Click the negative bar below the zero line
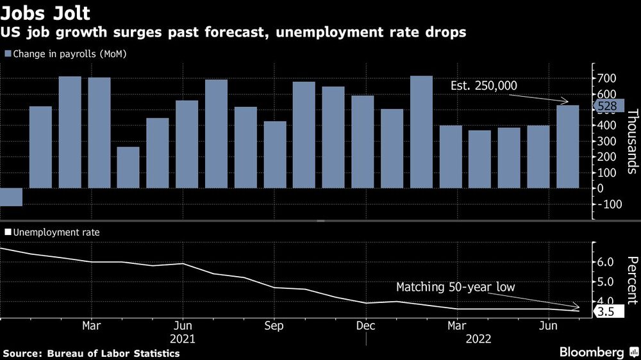(x=11, y=197)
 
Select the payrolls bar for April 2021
(x=128, y=167)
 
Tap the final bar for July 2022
(x=567, y=147)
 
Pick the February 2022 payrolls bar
(x=421, y=132)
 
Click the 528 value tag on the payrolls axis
(x=607, y=106)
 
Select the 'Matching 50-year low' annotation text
(x=455, y=288)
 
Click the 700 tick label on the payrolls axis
(x=606, y=78)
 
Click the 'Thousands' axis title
(x=631, y=141)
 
